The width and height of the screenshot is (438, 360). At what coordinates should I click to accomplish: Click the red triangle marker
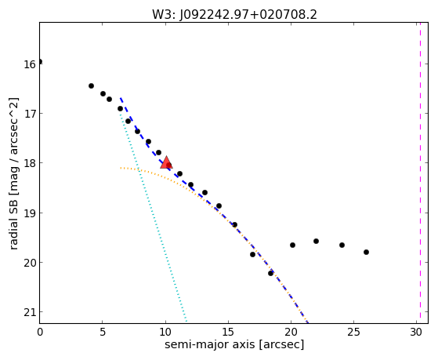click(166, 163)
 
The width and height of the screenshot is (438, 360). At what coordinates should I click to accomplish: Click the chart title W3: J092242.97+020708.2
click(234, 15)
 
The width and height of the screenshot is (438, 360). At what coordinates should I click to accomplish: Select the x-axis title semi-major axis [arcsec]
click(234, 344)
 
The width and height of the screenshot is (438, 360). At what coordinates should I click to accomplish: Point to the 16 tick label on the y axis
click(30, 64)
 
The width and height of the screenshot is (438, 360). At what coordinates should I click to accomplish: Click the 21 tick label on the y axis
click(30, 312)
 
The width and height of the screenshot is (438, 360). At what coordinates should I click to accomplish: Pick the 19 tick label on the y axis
click(30, 213)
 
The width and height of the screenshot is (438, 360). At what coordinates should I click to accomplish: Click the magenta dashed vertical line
click(420, 173)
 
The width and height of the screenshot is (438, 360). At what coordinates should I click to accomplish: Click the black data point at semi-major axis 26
click(366, 252)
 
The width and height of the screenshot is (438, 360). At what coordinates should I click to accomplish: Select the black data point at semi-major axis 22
click(316, 241)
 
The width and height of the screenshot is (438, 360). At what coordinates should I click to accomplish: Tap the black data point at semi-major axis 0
click(40, 61)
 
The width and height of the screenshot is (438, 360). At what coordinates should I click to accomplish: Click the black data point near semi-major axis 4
click(91, 85)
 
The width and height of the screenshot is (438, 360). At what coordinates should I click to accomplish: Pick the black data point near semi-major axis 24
click(342, 245)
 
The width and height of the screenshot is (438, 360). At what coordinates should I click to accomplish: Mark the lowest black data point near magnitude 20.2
click(270, 273)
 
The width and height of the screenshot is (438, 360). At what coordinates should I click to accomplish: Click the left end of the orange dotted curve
click(121, 168)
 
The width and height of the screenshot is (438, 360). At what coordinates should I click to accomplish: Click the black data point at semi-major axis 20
click(292, 245)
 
